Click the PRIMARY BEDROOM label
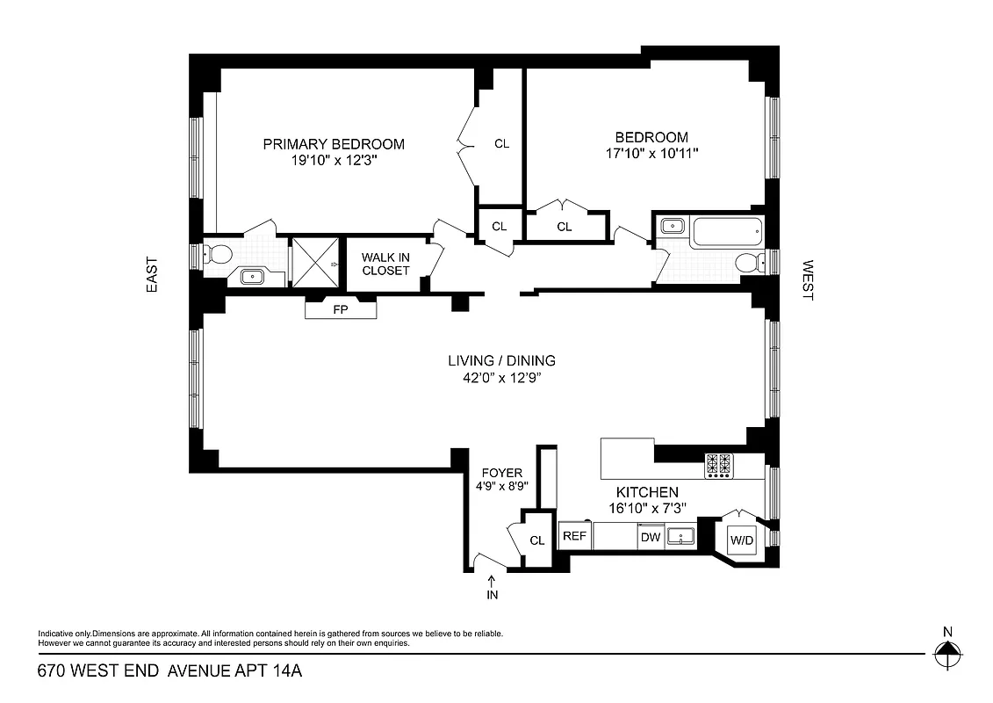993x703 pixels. point(334,144)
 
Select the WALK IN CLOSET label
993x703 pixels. point(385,264)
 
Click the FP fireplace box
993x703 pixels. point(341,309)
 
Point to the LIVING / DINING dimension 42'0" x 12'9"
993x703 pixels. point(501,378)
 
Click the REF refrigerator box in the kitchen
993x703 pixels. point(574,536)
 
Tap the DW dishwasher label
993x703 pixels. point(650,537)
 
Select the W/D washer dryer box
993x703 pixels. point(742,540)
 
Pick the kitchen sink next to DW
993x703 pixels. point(680,535)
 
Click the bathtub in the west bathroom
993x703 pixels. point(726,233)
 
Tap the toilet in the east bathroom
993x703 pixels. point(219,256)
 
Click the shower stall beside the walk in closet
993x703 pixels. point(315,262)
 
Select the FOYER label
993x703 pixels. point(502,473)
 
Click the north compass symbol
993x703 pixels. point(946,653)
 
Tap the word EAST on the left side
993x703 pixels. point(152,274)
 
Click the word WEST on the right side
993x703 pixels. point(807,280)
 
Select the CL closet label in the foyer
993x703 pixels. point(537,540)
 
